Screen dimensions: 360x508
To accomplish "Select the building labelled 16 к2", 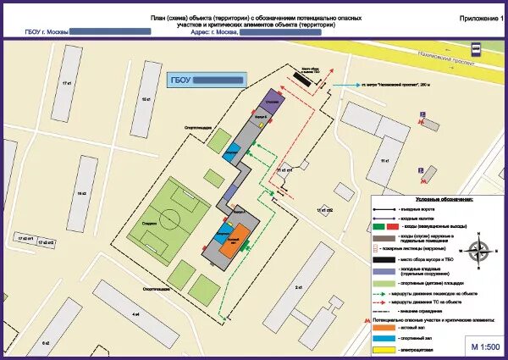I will point(83,193).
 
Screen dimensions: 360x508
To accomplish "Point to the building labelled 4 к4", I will point(135,313).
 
